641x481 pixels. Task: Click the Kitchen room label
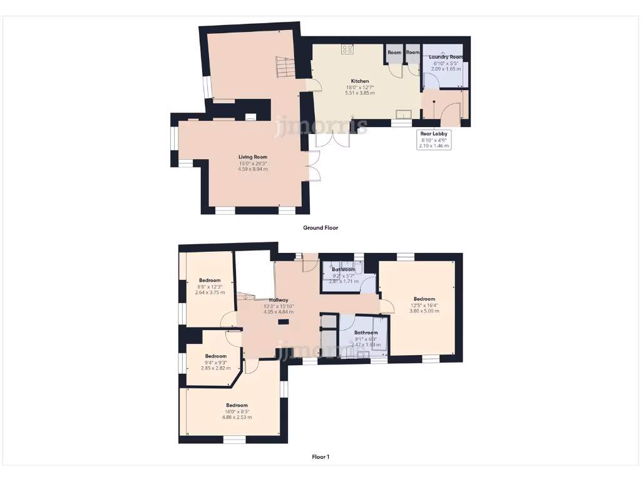[x=359, y=81]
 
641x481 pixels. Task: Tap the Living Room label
[x=253, y=157]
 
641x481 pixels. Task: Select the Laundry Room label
[x=446, y=57]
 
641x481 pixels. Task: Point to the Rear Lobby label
[x=433, y=133]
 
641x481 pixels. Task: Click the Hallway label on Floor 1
[x=279, y=301]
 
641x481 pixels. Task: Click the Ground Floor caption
[x=320, y=228]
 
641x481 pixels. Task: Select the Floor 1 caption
[x=320, y=457]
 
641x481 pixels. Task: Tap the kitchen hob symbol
[x=347, y=49]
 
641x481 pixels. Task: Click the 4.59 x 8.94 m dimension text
[x=253, y=169]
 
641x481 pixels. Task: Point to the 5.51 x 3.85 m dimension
[x=359, y=93]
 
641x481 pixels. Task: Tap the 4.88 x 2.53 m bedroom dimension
[x=237, y=417]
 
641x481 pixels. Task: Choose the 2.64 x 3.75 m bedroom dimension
[x=210, y=292]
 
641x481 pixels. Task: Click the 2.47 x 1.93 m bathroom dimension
[x=366, y=345]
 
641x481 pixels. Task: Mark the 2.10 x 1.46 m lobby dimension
[x=433, y=145]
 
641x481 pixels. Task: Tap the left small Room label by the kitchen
[x=394, y=53]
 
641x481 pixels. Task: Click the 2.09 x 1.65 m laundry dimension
[x=446, y=69]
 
